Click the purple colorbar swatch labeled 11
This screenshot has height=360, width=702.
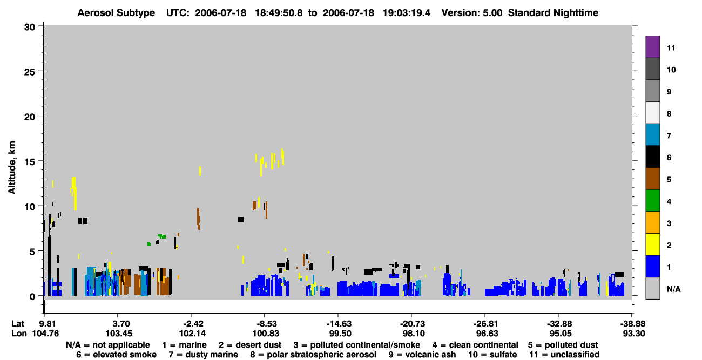pyautogui.click(x=652, y=46)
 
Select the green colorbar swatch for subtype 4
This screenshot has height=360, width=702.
pyautogui.click(x=652, y=201)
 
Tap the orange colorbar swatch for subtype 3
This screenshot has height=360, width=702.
pyautogui.click(x=652, y=222)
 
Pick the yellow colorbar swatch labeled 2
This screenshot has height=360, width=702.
pyautogui.click(x=652, y=244)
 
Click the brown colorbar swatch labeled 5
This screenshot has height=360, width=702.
pyautogui.click(x=652, y=179)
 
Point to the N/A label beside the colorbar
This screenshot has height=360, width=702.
pyautogui.click(x=673, y=289)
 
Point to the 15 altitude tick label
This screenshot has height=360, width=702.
pyautogui.click(x=30, y=162)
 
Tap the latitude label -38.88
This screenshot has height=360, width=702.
pyautogui.click(x=632, y=323)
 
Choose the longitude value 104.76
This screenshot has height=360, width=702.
pyautogui.click(x=45, y=334)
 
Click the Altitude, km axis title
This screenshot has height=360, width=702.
pyautogui.click(x=12, y=167)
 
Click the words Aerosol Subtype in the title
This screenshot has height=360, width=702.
pyautogui.click(x=116, y=13)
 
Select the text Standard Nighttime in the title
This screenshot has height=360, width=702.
pyautogui.click(x=553, y=13)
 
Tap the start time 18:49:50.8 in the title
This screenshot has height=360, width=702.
pyautogui.click(x=279, y=13)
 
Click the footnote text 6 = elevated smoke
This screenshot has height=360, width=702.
pyautogui.click(x=116, y=355)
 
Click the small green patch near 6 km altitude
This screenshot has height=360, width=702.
pyautogui.click(x=161, y=236)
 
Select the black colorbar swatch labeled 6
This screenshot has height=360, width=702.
pyautogui.click(x=652, y=157)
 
